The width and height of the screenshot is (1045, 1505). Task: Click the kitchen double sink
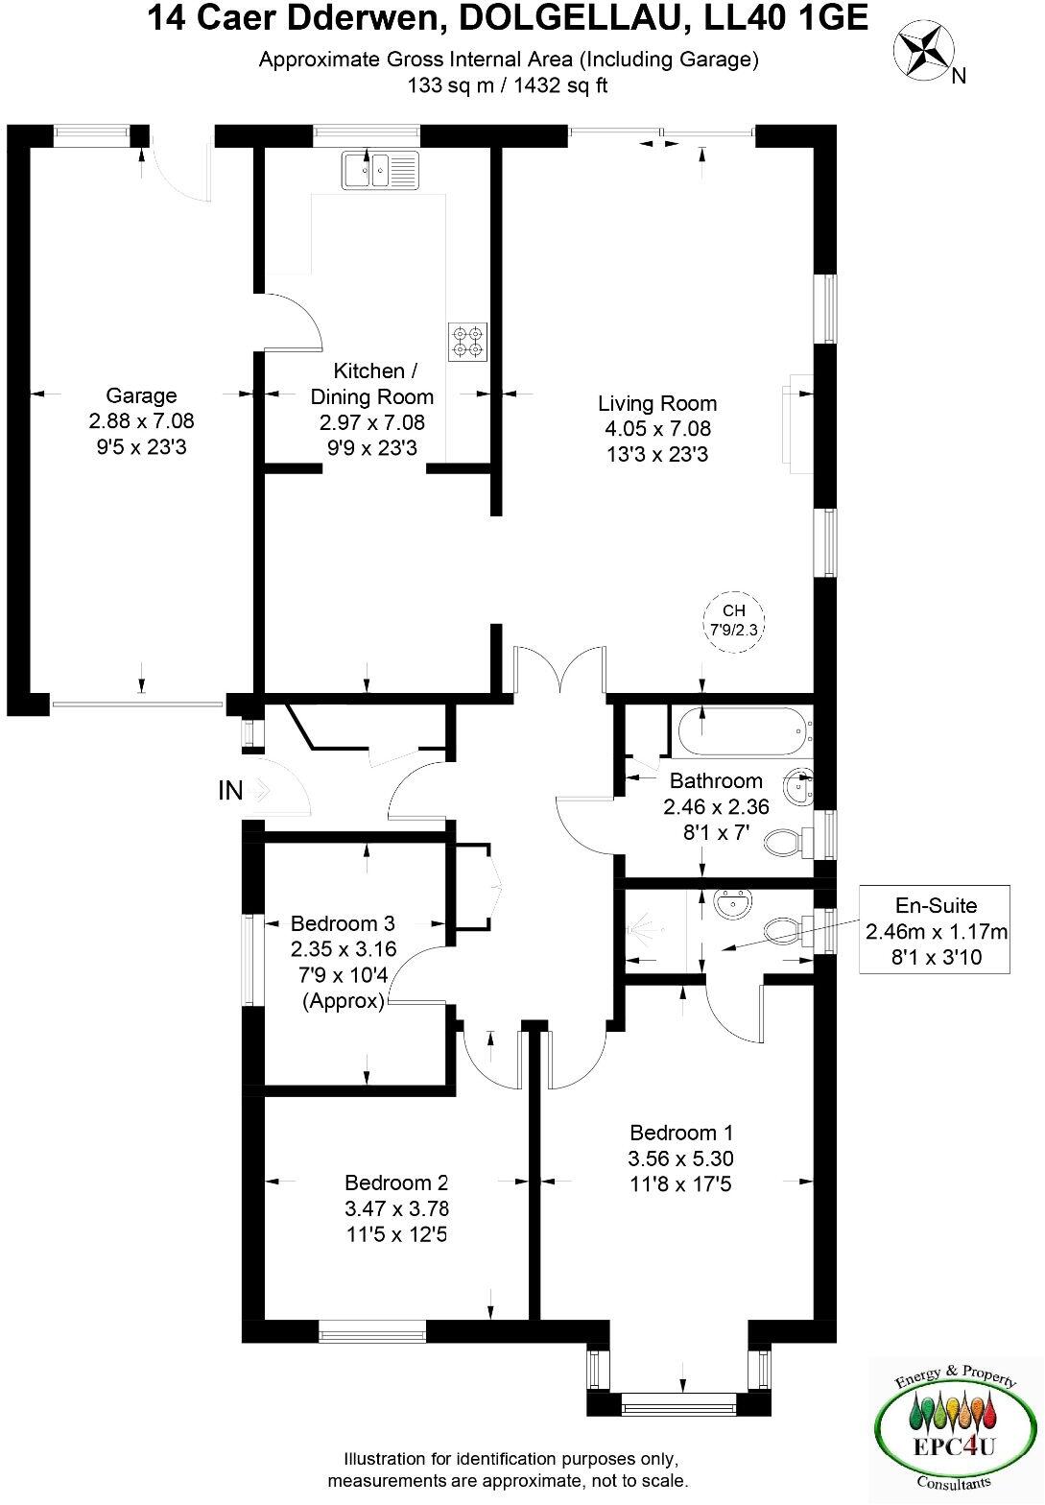(381, 171)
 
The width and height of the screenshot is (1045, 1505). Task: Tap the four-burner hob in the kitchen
(468, 342)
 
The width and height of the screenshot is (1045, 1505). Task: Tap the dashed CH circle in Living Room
(733, 622)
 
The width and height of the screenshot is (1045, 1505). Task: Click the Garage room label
(141, 395)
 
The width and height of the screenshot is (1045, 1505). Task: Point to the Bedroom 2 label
(396, 1182)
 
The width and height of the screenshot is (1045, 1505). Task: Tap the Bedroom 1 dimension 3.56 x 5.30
(681, 1159)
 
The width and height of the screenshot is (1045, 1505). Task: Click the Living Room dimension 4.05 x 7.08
(657, 429)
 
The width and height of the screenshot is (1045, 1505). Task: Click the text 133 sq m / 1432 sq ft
(508, 85)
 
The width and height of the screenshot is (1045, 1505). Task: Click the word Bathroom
(716, 780)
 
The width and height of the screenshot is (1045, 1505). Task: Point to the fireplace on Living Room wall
(798, 423)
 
